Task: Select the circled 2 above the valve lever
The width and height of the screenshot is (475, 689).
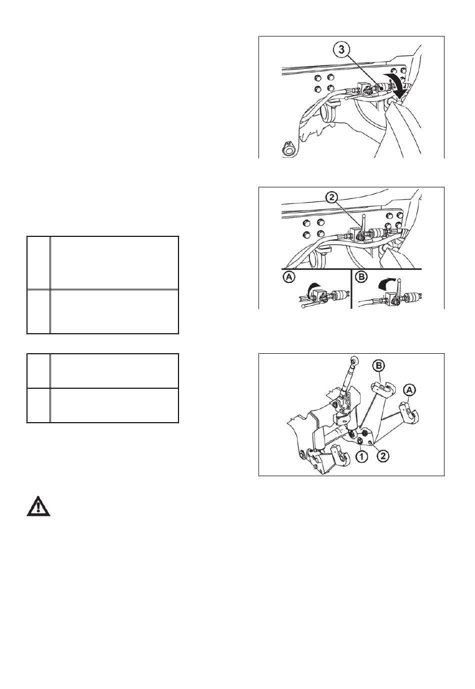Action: click(331, 198)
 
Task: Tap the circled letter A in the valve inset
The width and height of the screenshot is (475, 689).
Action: click(288, 277)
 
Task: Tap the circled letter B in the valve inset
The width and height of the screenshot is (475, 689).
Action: click(361, 277)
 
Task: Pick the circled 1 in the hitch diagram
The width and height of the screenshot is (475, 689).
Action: click(361, 456)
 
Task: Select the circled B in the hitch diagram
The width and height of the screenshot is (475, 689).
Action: click(378, 366)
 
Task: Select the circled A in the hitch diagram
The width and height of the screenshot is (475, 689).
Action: click(409, 391)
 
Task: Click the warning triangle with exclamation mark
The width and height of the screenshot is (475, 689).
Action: click(38, 506)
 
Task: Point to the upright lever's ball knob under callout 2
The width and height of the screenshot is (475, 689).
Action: click(364, 216)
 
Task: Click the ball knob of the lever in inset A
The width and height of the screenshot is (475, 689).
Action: click(304, 306)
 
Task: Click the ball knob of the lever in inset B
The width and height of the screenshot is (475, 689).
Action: click(399, 280)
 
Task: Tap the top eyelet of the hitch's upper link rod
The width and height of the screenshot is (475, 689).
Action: click(353, 360)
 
